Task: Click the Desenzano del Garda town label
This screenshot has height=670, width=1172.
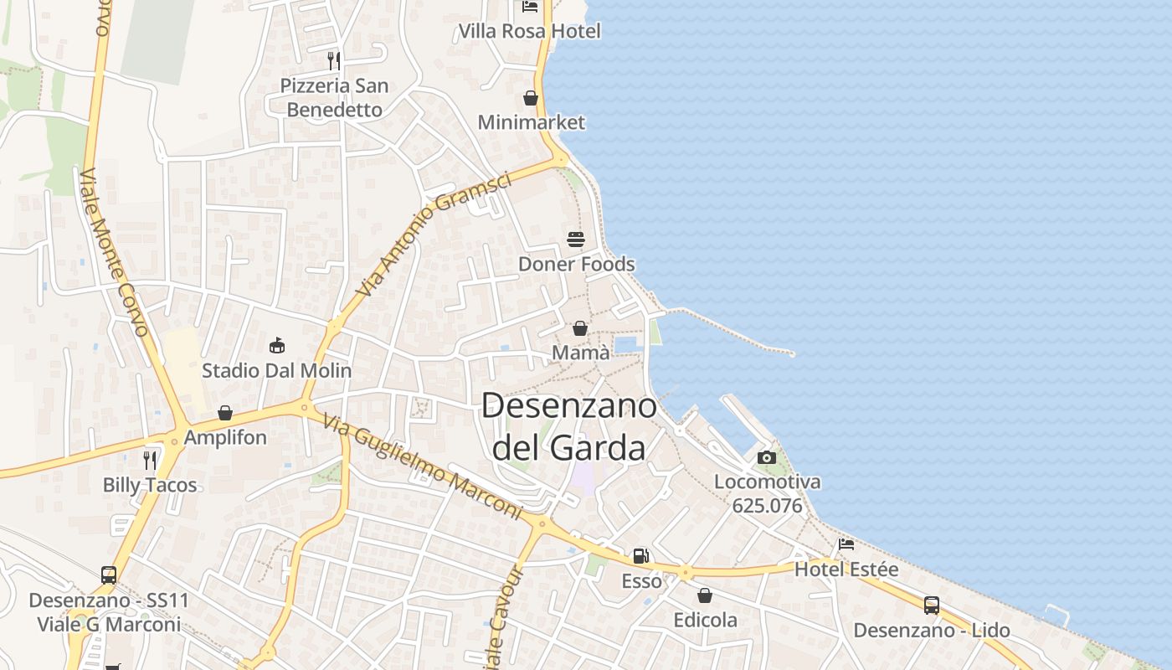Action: pyautogui.click(x=569, y=427)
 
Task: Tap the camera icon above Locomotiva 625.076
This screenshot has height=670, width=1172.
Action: pyautogui.click(x=766, y=457)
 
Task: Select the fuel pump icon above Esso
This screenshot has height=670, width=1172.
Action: pyautogui.click(x=640, y=555)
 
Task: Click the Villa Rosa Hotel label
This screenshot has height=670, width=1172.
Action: pyautogui.click(x=529, y=32)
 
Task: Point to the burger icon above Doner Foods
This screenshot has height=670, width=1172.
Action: pyautogui.click(x=576, y=240)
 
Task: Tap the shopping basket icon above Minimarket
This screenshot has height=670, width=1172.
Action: pyautogui.click(x=531, y=98)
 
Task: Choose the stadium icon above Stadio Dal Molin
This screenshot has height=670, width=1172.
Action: pyautogui.click(x=277, y=345)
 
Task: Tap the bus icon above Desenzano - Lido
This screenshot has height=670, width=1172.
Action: pyautogui.click(x=932, y=605)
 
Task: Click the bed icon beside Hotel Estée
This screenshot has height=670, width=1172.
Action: pyautogui.click(x=846, y=544)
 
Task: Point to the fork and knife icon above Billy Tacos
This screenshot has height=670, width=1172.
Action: pyautogui.click(x=150, y=460)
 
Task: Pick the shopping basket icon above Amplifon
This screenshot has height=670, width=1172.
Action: pyautogui.click(x=224, y=412)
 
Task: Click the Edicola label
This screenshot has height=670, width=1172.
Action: pyautogui.click(x=706, y=620)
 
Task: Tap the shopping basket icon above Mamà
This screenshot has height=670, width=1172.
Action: pyautogui.click(x=579, y=328)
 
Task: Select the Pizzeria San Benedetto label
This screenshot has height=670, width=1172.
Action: pyautogui.click(x=334, y=97)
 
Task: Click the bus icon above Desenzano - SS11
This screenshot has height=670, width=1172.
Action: pyautogui.click(x=109, y=575)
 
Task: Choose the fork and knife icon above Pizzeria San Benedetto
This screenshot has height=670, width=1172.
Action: pyautogui.click(x=333, y=60)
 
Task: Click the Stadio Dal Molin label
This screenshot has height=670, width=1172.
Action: pyautogui.click(x=276, y=370)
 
